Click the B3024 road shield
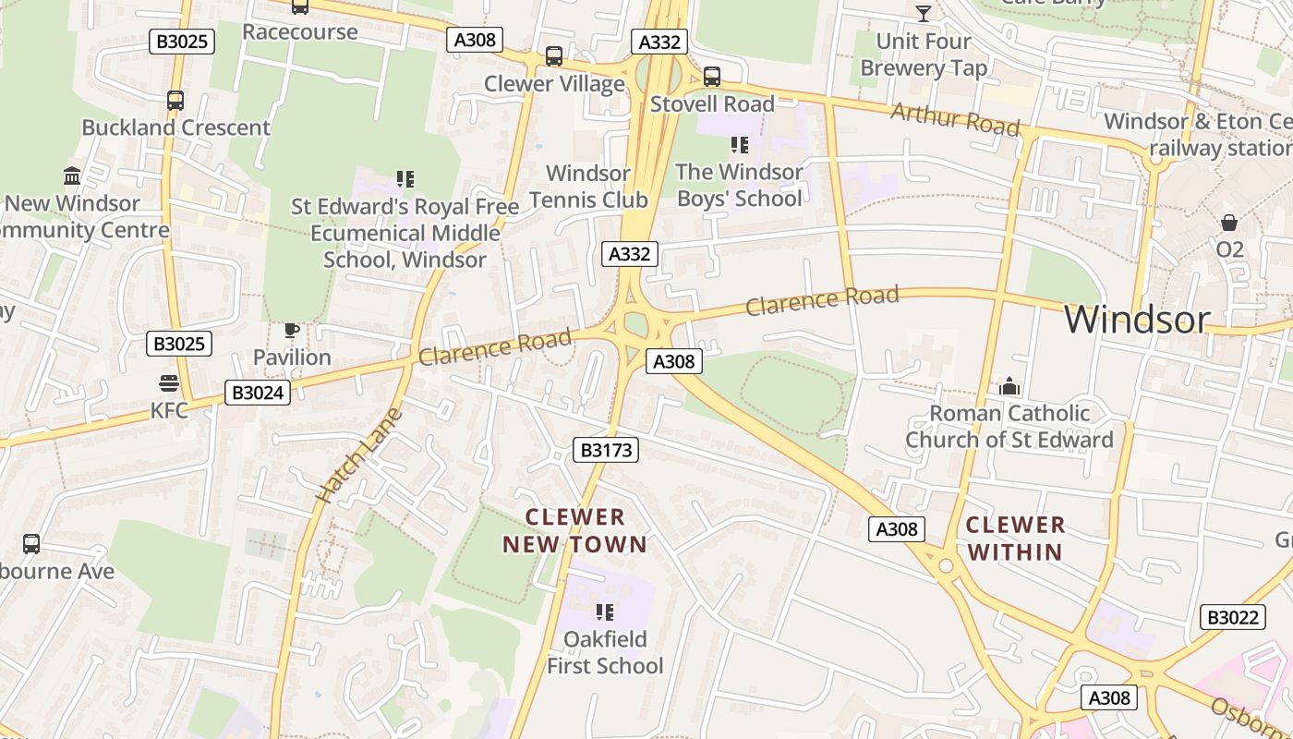tap(258, 393)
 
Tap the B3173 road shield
tap(606, 450)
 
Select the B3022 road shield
tap(1232, 617)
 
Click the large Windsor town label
tap(1136, 320)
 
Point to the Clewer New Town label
tap(574, 531)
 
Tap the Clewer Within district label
tap(1015, 539)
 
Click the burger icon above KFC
tap(169, 382)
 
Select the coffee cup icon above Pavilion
tap(292, 330)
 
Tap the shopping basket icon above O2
tap(1229, 223)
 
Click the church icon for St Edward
tap(1009, 385)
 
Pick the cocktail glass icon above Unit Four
tap(923, 13)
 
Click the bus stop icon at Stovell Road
tap(711, 77)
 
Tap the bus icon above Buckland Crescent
tap(175, 101)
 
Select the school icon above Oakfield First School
tap(605, 612)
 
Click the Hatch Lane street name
tap(359, 455)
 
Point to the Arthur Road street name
tap(955, 119)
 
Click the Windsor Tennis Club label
tap(588, 186)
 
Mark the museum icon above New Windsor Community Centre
tap(72, 176)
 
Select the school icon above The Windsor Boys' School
tap(739, 145)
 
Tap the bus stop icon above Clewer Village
tap(554, 56)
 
